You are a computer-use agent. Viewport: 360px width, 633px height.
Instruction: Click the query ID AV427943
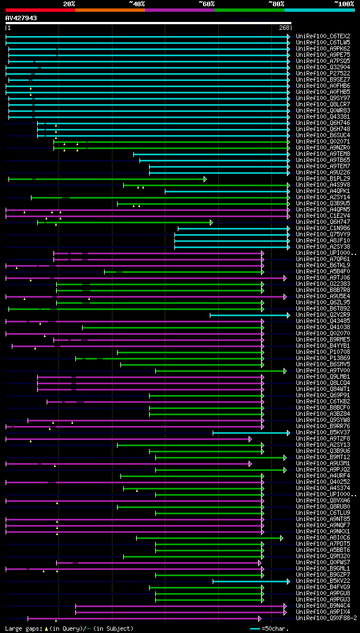pos(21,18)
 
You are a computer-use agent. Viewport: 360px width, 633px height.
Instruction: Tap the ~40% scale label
pos(137,3)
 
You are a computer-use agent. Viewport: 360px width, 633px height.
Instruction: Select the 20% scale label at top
pos(69,3)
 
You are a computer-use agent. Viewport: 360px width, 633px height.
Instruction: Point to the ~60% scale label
pos(206,3)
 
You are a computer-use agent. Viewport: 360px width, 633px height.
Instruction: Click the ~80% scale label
pos(276,3)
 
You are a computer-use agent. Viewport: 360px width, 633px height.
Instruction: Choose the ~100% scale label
pos(344,3)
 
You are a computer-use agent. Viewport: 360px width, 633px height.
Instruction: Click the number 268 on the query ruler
pos(284,28)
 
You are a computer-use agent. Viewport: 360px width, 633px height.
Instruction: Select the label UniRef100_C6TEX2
pos(323,37)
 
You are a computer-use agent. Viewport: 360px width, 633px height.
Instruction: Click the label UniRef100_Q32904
pos(323,68)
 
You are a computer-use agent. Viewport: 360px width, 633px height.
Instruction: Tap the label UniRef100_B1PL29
pos(323,179)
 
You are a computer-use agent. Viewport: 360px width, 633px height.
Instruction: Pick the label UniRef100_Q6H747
pos(323,222)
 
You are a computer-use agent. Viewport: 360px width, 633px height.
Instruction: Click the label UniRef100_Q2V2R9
pos(323,315)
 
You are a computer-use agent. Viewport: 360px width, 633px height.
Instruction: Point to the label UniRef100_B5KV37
pos(323,433)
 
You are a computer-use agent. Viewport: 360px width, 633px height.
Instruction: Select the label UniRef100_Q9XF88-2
pos(326,618)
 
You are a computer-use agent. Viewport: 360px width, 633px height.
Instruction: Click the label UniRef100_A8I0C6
pos(323,538)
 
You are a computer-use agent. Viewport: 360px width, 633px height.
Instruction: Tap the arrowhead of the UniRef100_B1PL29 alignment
pos(205,179)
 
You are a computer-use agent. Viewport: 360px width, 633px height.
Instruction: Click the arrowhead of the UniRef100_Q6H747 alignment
pos(211,222)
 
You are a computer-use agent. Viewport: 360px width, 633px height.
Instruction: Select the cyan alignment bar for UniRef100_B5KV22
pos(250,581)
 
